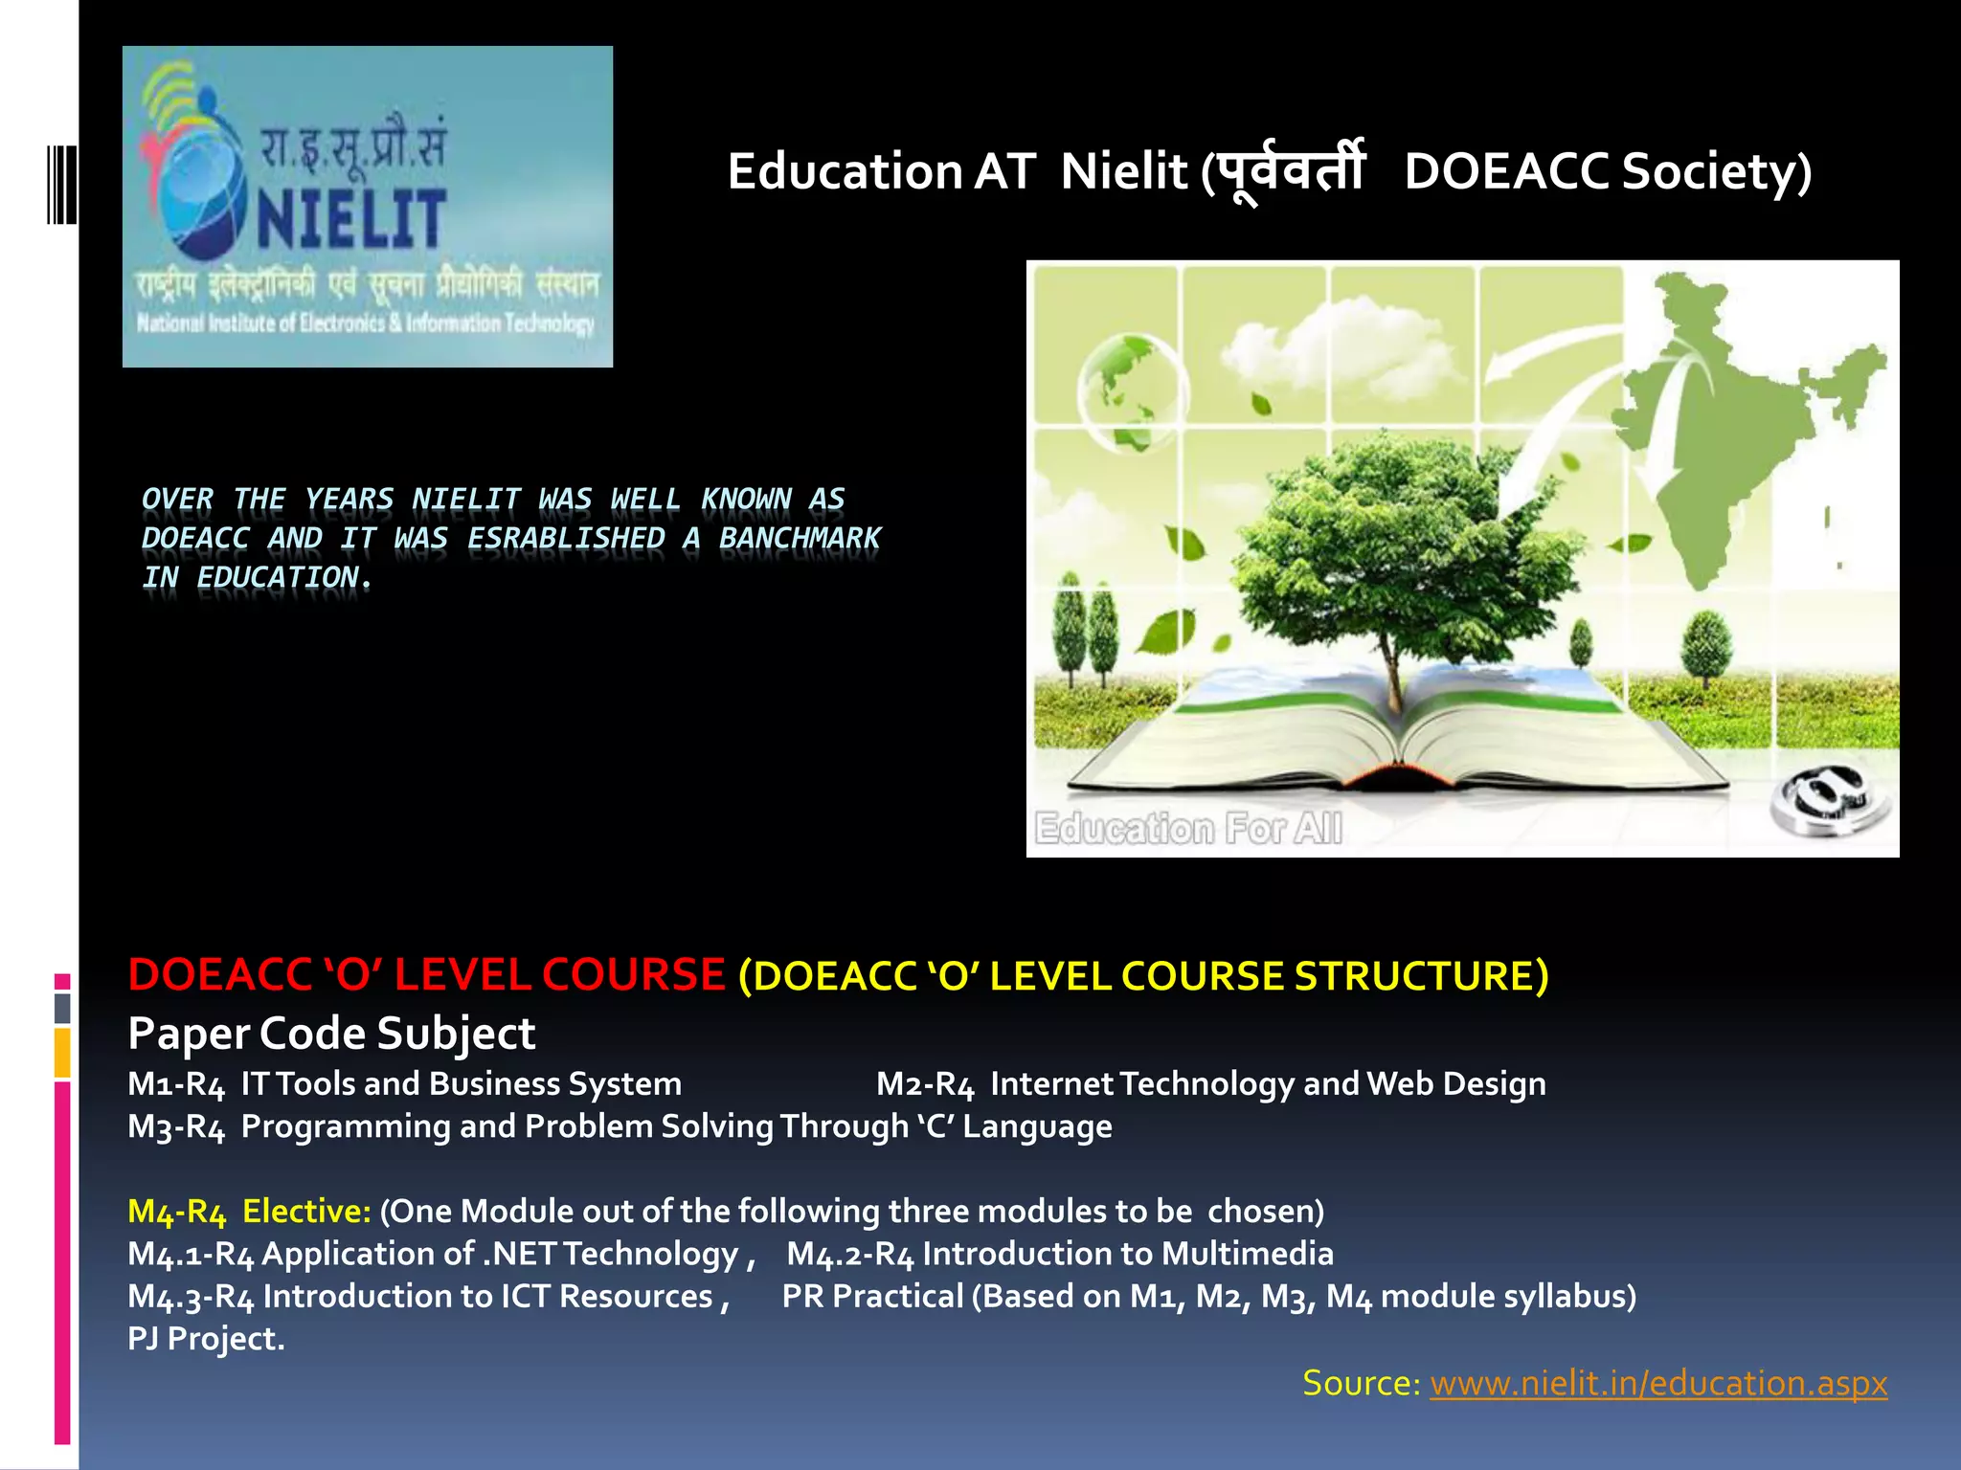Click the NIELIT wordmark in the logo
pos(350,219)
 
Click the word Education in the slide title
pos(845,172)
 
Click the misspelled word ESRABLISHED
pos(565,539)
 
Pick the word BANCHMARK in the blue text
pos(800,539)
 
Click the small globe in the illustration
pos(1130,388)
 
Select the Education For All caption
pos(1188,829)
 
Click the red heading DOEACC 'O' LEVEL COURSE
pos(426,975)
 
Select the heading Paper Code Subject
pos(331,1034)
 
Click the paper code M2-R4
pos(925,1084)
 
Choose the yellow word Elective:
pos(306,1212)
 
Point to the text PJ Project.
pos(206,1339)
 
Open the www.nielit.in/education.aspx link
pos(1658,1384)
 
